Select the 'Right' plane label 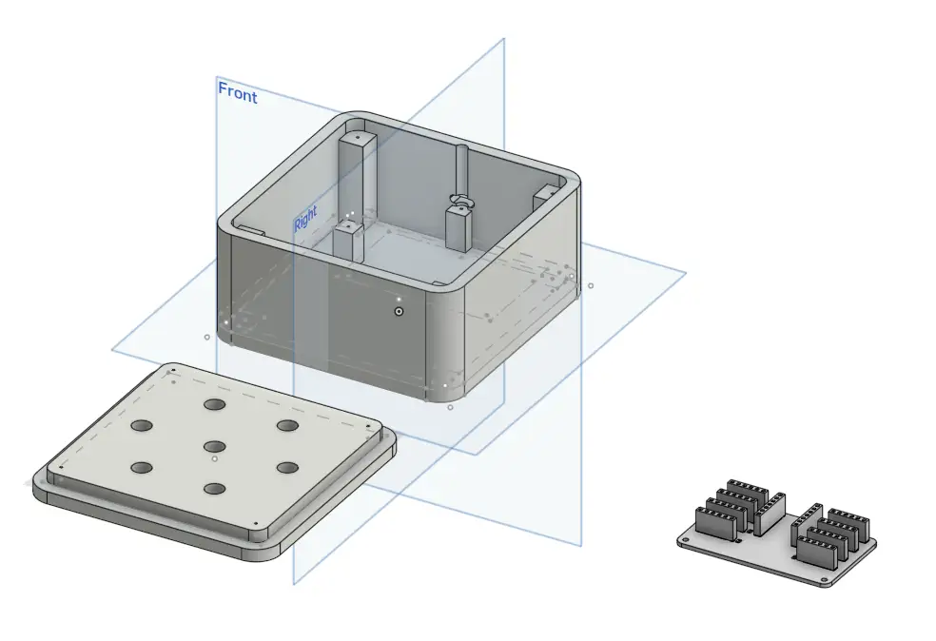pos(304,222)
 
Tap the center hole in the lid pos(214,445)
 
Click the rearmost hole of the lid pos(214,405)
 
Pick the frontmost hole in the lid pos(214,490)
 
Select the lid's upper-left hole pos(143,426)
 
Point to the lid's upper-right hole pos(286,426)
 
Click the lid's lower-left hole pos(143,468)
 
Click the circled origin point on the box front pos(399,310)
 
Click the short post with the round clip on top pos(460,224)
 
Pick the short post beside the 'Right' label pos(348,243)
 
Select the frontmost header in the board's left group pos(715,522)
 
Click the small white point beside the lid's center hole pos(216,458)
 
